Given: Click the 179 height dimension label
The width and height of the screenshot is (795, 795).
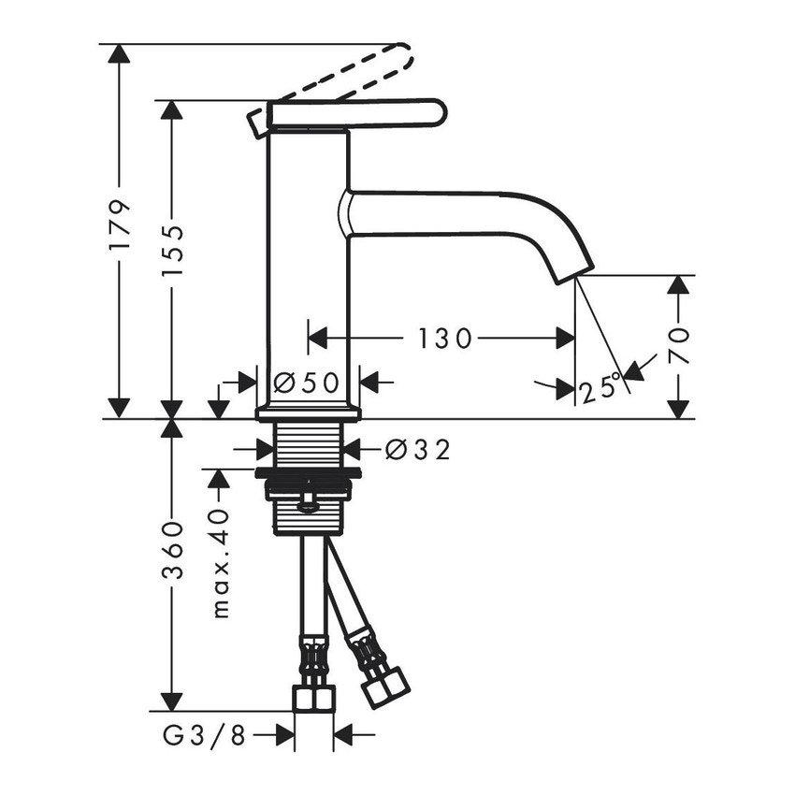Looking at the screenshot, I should point(118,224).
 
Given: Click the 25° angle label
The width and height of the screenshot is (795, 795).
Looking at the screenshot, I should point(600,387).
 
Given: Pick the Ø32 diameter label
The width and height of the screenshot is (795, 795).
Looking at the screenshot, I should point(417,451).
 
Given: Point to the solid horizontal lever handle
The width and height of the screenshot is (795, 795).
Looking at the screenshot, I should point(355,114).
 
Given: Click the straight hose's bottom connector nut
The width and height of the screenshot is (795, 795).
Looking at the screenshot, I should point(313,698).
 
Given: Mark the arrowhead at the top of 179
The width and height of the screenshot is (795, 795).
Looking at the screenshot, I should point(118,53).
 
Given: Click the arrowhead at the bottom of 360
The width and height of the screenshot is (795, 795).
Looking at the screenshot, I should point(170,701).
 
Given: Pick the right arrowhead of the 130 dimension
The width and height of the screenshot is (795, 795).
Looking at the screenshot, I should point(565,338).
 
